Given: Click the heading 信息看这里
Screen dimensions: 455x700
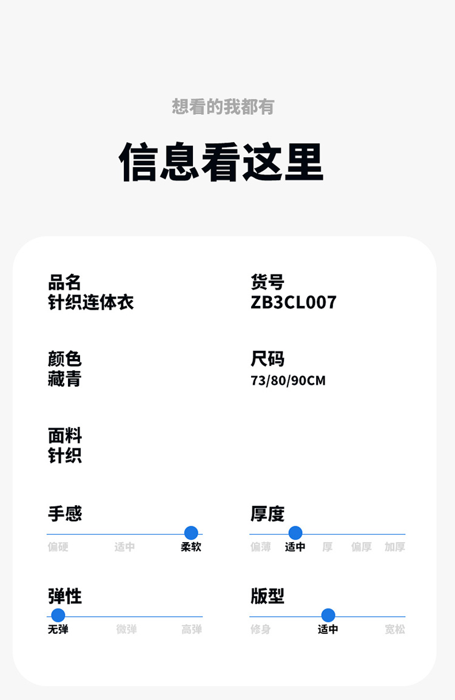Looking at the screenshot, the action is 221,162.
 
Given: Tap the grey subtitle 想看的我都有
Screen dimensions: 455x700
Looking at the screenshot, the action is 223,107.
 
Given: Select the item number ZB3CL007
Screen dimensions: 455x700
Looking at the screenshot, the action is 294,302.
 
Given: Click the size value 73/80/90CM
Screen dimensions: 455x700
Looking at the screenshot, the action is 288,381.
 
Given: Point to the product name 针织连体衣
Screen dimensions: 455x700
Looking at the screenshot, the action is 91,302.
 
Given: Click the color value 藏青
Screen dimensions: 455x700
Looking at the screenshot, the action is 64,379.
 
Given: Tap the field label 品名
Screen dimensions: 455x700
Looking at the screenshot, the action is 64,282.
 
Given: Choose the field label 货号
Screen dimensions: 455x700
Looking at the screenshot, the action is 267,282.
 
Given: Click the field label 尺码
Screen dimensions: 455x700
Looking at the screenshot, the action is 267,359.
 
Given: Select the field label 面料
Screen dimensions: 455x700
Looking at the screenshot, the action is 64,435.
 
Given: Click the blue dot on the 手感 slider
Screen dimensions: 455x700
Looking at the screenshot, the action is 191,533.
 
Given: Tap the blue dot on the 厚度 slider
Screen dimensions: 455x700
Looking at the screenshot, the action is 295,533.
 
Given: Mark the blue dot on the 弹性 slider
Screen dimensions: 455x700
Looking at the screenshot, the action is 58,615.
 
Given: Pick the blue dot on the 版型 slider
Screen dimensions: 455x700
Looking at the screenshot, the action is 328,615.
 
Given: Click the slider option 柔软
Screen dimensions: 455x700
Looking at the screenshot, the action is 191,547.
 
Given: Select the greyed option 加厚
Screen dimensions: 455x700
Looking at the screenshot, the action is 395,547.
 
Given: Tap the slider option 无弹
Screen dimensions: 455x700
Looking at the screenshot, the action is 58,630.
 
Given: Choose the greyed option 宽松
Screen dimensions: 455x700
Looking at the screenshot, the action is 395,630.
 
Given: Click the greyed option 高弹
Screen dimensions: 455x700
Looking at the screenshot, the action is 192,630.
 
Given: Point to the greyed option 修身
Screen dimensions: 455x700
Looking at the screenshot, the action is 261,630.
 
